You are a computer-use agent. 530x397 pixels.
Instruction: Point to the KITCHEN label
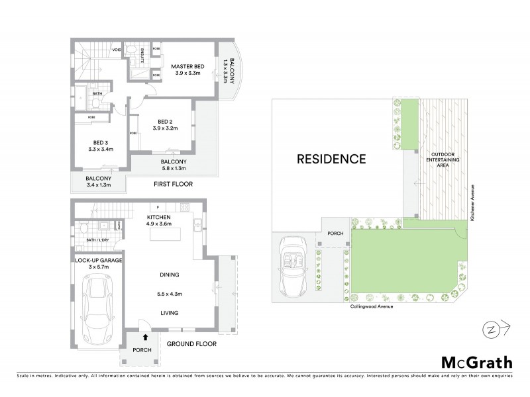(x=160, y=217)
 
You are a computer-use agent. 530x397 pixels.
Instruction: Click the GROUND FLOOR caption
(x=191, y=344)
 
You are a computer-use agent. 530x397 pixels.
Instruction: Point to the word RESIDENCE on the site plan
(x=331, y=159)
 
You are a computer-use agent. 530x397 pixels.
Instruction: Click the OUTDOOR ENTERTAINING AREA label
(x=439, y=159)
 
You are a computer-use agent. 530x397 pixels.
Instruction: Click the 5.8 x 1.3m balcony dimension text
(x=173, y=169)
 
